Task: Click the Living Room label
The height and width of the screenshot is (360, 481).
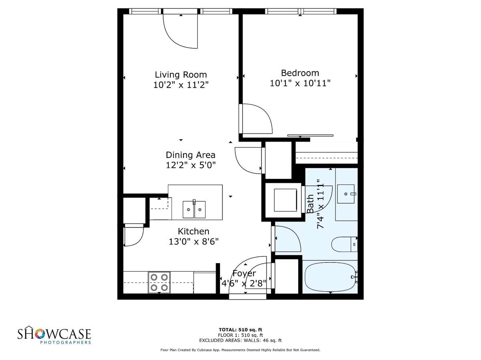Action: pyautogui.click(x=181, y=75)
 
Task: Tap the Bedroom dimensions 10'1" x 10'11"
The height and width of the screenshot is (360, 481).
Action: pyautogui.click(x=300, y=83)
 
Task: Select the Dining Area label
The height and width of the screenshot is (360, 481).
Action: pyautogui.click(x=190, y=155)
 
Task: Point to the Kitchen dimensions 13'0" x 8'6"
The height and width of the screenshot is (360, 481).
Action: pyautogui.click(x=194, y=242)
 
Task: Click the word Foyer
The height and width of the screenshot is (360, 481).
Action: pyautogui.click(x=244, y=274)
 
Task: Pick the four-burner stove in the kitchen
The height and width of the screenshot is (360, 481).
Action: pyautogui.click(x=159, y=282)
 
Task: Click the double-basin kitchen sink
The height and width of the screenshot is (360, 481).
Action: pyautogui.click(x=194, y=209)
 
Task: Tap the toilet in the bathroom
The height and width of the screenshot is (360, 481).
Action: pyautogui.click(x=344, y=244)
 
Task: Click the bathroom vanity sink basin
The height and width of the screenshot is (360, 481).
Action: pyautogui.click(x=346, y=194)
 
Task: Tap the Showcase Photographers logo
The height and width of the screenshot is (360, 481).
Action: pyautogui.click(x=54, y=336)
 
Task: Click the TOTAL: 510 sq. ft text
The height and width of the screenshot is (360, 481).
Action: pyautogui.click(x=240, y=330)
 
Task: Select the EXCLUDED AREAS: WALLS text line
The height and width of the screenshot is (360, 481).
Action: pyautogui.click(x=240, y=340)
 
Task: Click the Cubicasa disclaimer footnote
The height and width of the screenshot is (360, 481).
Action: pyautogui.click(x=240, y=350)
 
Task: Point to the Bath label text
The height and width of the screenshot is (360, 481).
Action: pyautogui.click(x=310, y=204)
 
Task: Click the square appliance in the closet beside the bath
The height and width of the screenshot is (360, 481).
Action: pyautogui.click(x=285, y=200)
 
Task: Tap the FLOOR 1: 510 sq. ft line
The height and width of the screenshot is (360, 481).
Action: pyautogui.click(x=240, y=335)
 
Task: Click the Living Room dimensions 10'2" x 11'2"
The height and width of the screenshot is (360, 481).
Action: pyautogui.click(x=181, y=85)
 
